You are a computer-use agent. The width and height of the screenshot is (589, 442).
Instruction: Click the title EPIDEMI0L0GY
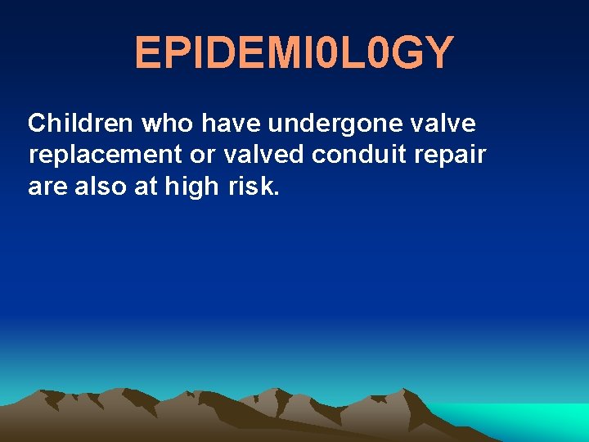coord(294,53)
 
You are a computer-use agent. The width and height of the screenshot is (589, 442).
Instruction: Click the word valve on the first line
coord(446,124)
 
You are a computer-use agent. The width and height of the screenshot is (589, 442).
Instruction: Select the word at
coord(148,187)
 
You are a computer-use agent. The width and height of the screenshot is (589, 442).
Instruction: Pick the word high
coord(191,187)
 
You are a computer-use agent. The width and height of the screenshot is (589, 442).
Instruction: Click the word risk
coord(254,186)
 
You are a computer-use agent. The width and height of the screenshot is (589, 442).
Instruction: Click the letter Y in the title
coord(438,53)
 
